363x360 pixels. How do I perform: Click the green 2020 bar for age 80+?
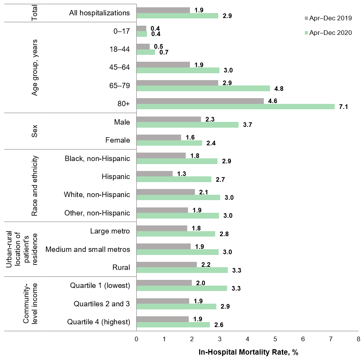[235, 107]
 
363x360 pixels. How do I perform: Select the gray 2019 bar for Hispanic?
[154, 174]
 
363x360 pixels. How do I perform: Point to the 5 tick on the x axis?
[275, 339]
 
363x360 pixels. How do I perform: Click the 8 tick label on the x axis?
[358, 339]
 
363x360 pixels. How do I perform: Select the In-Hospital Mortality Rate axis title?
[248, 352]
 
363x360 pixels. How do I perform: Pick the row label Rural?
[121, 267]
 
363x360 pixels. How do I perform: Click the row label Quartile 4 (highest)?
[98, 322]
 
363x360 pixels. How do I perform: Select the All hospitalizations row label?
[99, 13]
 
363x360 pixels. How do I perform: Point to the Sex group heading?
[34, 131]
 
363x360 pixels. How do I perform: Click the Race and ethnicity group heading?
[34, 186]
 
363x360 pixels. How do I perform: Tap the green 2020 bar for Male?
[187, 125]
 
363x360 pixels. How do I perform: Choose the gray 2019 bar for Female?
[159, 137]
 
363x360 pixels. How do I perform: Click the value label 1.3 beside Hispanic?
[181, 174]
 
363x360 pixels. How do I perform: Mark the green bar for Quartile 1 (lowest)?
[181, 288]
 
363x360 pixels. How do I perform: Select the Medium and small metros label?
[88, 249]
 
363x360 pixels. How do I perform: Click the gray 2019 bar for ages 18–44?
[143, 46]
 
